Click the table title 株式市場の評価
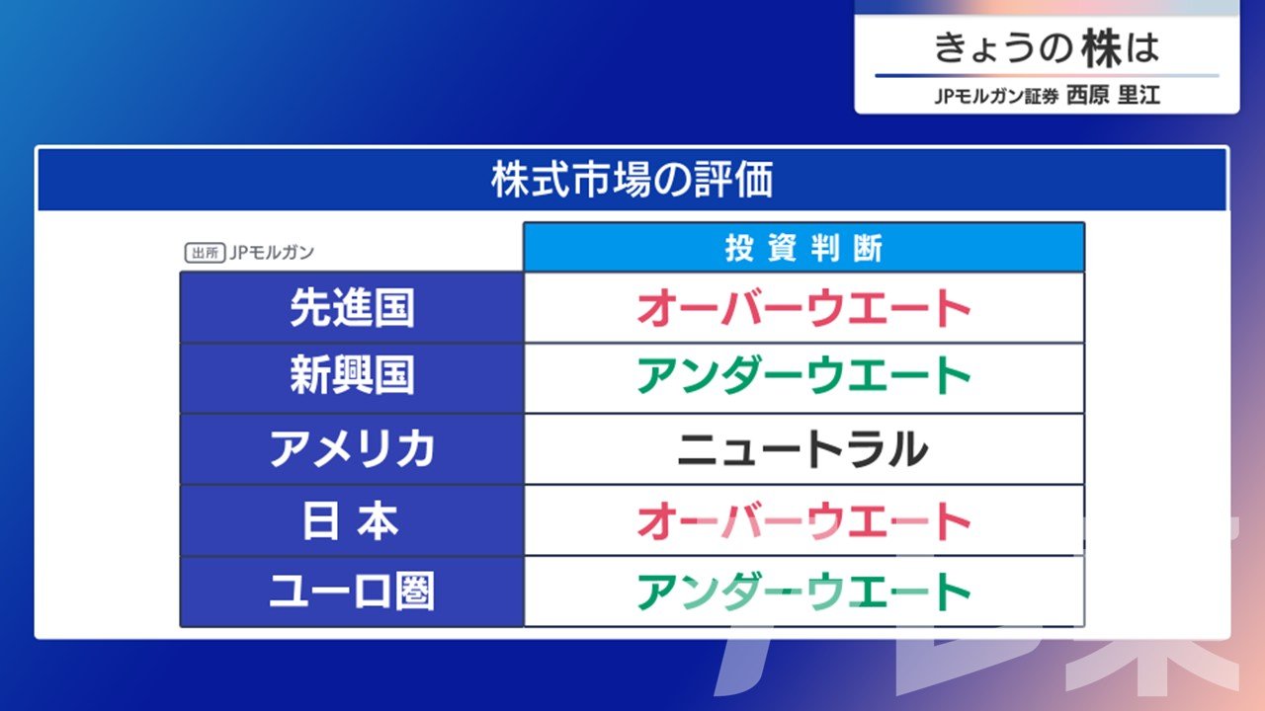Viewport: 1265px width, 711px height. (x=632, y=180)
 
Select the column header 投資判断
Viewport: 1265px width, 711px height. (x=803, y=248)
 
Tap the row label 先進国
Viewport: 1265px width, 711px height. (x=352, y=308)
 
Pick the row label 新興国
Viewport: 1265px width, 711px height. (x=352, y=375)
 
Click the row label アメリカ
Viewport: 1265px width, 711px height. (x=352, y=449)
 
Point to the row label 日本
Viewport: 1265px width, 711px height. (x=351, y=521)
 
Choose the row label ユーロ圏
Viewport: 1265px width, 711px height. (x=352, y=592)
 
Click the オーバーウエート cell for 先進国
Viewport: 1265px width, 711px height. (x=803, y=308)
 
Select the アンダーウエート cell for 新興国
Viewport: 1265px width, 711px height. (x=803, y=375)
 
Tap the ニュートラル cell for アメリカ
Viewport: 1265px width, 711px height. (x=803, y=449)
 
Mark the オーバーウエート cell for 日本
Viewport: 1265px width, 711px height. (x=803, y=521)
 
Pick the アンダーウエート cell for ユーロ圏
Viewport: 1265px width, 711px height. (x=803, y=592)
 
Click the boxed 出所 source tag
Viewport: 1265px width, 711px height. (x=205, y=253)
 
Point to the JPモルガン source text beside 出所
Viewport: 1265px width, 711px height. (x=272, y=252)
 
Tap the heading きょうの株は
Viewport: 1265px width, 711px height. (x=1047, y=48)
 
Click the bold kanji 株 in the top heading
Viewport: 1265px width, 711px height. (x=1102, y=48)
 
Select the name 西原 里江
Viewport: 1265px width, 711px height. (x=1113, y=95)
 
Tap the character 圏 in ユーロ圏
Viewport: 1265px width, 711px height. (x=415, y=592)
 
